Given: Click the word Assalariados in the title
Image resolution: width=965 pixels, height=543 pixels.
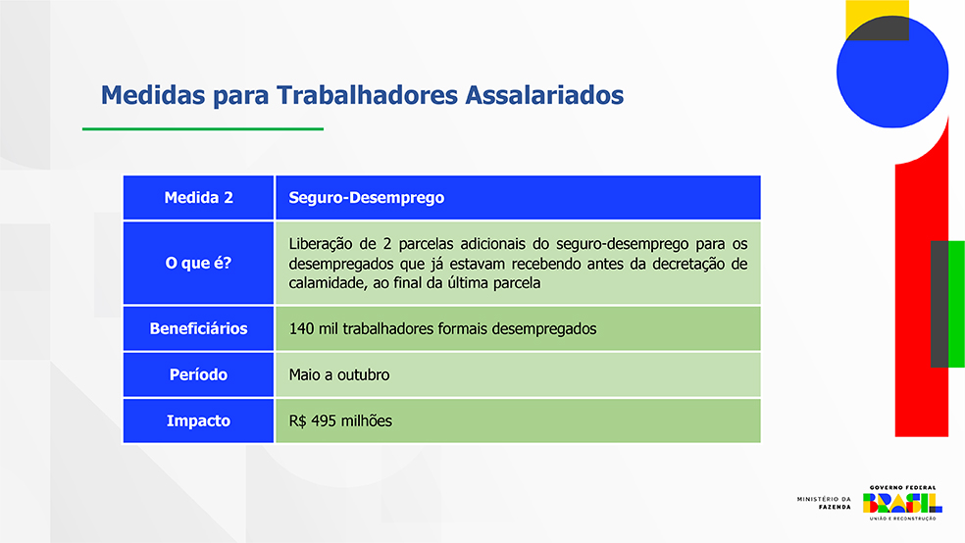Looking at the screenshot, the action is pos(544,95).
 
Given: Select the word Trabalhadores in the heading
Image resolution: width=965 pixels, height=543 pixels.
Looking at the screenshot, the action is pos(368,95).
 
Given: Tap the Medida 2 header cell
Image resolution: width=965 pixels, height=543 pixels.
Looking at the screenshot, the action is pos(198,197).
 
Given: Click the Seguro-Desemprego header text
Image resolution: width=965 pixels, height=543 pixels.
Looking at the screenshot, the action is pos(366,197).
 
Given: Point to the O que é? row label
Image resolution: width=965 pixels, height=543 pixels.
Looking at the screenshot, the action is pos(198,264).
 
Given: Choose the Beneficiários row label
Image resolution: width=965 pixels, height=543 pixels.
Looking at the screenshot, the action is pos(198,328).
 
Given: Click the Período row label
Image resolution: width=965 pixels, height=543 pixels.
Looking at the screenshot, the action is pos(198,374).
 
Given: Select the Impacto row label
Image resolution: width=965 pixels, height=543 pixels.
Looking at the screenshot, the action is pos(198,420).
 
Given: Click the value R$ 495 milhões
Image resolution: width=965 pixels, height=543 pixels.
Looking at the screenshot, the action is pos(340,420).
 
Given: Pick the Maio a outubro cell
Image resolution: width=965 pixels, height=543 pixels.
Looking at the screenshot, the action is pos(518,374).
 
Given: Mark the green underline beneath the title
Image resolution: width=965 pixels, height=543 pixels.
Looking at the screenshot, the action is pos(203,129).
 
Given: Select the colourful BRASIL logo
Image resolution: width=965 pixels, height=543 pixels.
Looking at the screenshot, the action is pos(902,503).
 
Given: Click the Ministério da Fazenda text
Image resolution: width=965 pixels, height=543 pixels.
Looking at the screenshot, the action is pos(824,503).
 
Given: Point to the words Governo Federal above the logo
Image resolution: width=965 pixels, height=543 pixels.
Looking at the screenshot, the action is pos(903,488).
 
